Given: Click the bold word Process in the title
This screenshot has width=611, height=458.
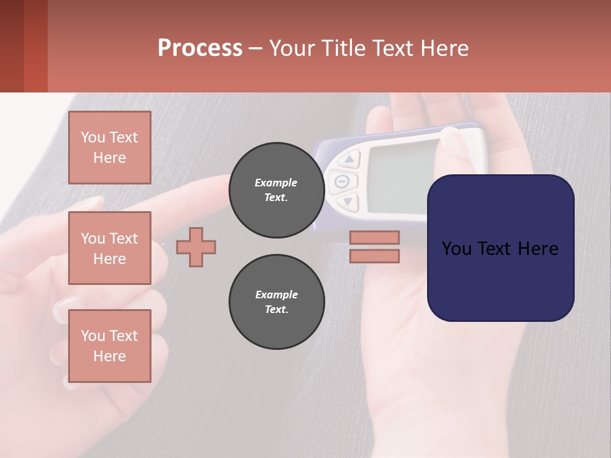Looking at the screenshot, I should point(200,48).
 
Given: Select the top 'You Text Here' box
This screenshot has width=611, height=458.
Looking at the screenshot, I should point(109,148).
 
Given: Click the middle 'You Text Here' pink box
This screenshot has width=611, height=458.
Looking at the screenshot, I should point(109,248).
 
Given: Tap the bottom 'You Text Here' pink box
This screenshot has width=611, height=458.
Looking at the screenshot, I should point(109,345).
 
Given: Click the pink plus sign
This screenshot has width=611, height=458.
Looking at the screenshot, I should point(196,247).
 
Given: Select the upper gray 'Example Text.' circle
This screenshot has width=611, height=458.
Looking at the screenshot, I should point(276,190).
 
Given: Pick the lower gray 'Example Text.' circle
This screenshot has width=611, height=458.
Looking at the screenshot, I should point(276,302).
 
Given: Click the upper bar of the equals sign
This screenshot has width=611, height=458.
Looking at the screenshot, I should point(374,237).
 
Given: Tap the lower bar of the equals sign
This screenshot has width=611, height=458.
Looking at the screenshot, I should point(374,256).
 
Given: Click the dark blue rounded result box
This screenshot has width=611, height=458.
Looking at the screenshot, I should point(500,248).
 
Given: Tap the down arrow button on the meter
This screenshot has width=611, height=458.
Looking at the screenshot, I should point(348,202).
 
